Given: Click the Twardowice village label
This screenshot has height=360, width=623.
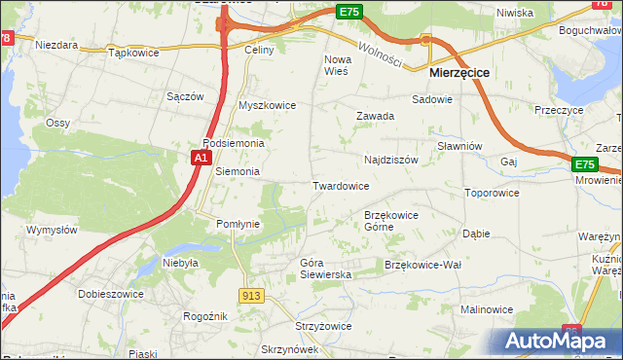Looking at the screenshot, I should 341,186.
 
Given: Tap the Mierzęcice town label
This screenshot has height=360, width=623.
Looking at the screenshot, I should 459,72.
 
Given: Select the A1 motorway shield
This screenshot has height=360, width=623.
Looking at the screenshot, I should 201,157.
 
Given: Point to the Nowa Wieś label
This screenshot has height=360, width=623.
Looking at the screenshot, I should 336,64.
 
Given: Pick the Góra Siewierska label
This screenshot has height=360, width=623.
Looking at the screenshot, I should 325,269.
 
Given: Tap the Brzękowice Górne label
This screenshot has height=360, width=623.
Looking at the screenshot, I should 390,221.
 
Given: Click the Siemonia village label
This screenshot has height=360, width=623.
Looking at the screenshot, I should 238,171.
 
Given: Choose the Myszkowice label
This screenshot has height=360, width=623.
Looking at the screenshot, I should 267,105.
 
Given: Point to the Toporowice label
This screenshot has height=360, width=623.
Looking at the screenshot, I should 492,193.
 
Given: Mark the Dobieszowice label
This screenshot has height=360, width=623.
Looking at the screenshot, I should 112,294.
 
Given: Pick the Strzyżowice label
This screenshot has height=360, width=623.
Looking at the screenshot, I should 294,328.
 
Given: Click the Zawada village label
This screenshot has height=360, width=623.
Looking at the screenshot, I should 375,116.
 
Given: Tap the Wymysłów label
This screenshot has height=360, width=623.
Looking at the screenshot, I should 51,231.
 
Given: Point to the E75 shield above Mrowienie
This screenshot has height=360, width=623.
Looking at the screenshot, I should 584,165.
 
